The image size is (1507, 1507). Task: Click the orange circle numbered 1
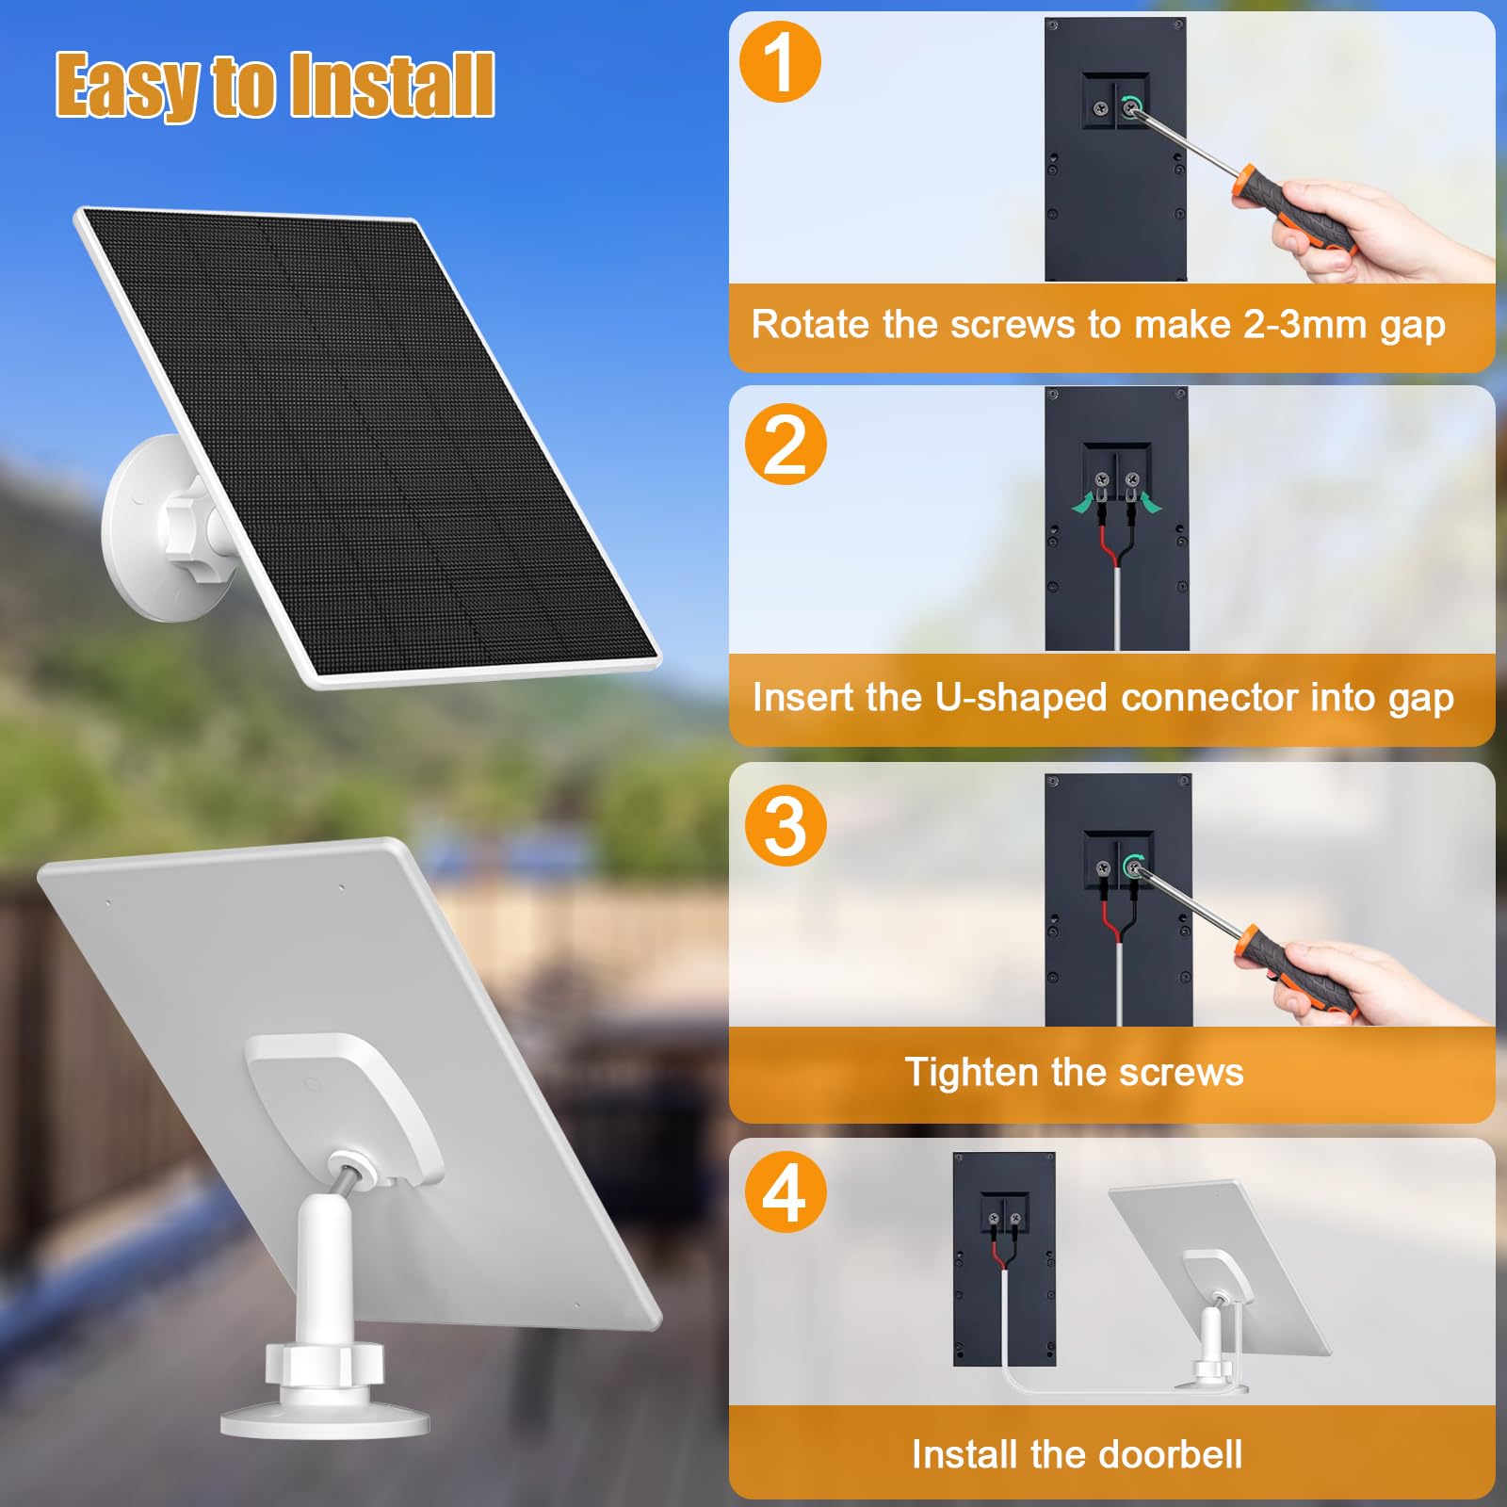point(780,62)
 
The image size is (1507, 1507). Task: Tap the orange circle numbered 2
point(785,445)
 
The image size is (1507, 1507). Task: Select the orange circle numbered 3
point(785,826)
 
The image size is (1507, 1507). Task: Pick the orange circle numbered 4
point(785,1193)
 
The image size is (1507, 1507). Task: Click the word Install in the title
point(391,85)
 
